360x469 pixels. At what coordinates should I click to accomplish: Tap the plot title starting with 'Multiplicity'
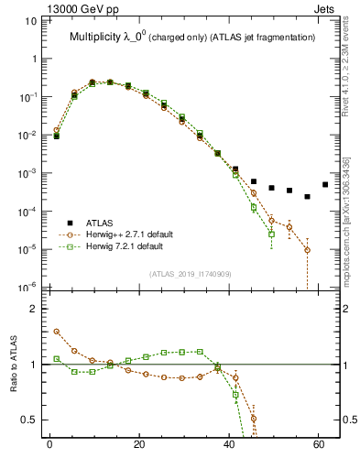click(191, 37)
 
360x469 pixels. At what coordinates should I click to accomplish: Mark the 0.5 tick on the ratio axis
click(30, 420)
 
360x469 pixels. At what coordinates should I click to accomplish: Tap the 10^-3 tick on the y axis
click(28, 173)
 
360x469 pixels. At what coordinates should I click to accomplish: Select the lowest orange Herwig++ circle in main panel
click(307, 250)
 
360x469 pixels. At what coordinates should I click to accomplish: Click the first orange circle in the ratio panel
click(56, 332)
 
